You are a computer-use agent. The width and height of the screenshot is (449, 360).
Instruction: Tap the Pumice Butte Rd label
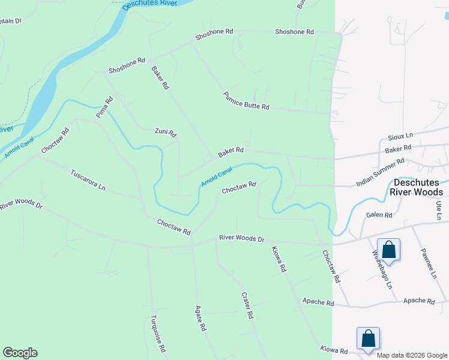(246, 101)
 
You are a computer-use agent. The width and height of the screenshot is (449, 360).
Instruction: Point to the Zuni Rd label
(165, 131)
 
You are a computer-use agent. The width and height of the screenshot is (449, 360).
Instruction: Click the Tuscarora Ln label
(88, 179)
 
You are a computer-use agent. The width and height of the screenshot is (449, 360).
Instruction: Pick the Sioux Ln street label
(401, 136)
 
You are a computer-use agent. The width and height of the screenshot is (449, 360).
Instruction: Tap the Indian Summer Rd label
(381, 172)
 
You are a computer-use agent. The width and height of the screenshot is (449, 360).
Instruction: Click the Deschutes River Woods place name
(418, 187)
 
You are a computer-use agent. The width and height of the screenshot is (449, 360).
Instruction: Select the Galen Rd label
(379, 215)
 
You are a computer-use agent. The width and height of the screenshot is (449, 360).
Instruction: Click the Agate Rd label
(200, 319)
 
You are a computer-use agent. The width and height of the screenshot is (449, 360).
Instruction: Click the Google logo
(20, 353)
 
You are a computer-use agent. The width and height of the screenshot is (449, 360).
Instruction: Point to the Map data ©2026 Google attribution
(412, 355)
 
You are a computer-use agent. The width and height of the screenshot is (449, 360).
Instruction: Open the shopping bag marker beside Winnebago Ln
(388, 249)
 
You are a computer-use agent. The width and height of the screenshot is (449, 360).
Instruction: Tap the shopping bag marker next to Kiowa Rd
(368, 338)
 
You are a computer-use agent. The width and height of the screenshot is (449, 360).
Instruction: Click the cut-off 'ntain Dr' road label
(10, 20)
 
